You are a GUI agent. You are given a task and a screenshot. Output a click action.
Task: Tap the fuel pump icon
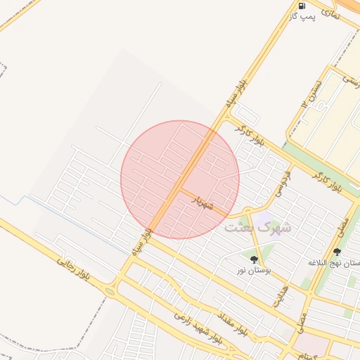pyautogui.click(x=302, y=6)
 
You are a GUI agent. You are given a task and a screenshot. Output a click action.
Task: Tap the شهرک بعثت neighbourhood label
pyautogui.click(x=257, y=228)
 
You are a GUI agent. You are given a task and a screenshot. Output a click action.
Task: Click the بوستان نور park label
pyautogui.click(x=254, y=269)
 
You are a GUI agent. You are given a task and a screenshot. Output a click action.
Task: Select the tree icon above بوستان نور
pyautogui.click(x=254, y=259)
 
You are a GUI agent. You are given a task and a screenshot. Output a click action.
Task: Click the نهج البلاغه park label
pyautogui.click(x=336, y=262)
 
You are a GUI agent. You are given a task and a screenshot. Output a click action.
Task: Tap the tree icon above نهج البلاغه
pyautogui.click(x=337, y=252)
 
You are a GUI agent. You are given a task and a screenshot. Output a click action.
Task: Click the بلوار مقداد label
pyautogui.click(x=233, y=322)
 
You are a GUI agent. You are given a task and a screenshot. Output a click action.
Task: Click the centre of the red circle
pyautogui.click(x=180, y=179)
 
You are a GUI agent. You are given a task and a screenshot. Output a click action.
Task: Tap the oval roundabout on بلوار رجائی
pyautogui.click(x=110, y=290)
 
